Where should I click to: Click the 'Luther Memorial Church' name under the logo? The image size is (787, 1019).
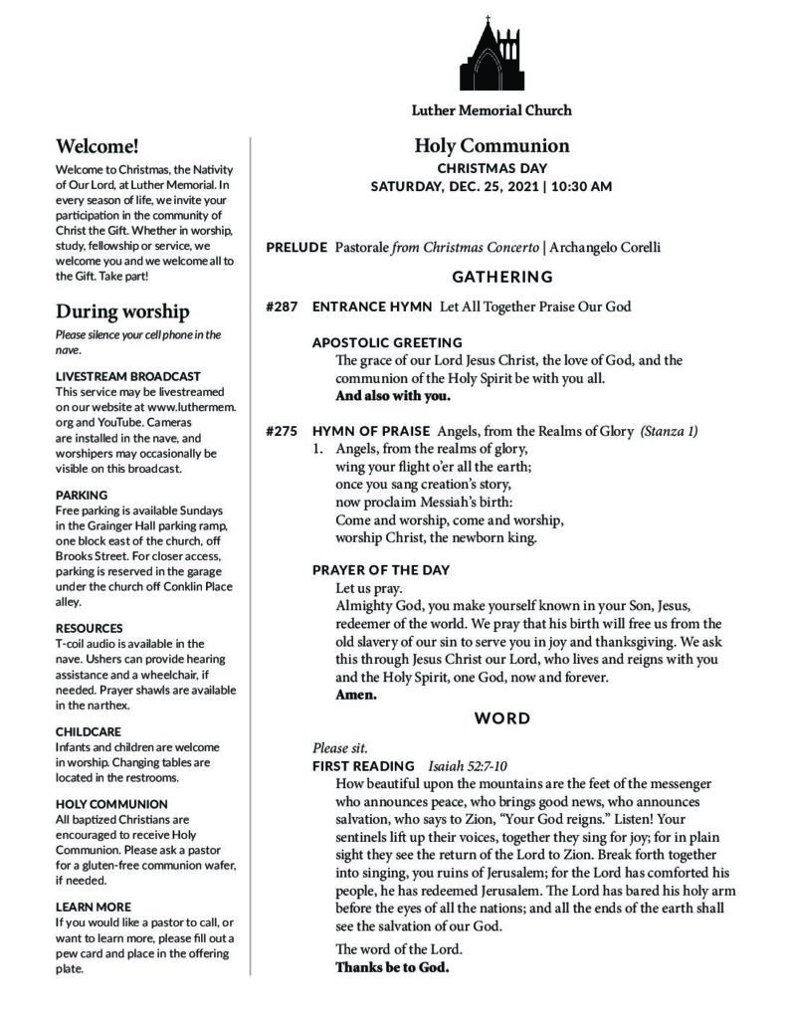pos(492,110)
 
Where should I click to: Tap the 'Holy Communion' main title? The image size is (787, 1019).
pos(492,146)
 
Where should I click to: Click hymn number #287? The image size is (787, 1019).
pos(283,306)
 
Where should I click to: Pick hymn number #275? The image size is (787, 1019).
pos(283,431)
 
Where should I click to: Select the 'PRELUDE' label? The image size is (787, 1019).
pos(296,247)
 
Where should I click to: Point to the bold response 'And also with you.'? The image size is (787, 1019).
pos(393,396)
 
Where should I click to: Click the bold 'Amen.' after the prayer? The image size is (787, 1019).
pos(356,695)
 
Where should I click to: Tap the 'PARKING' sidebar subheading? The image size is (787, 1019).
pos(82,495)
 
